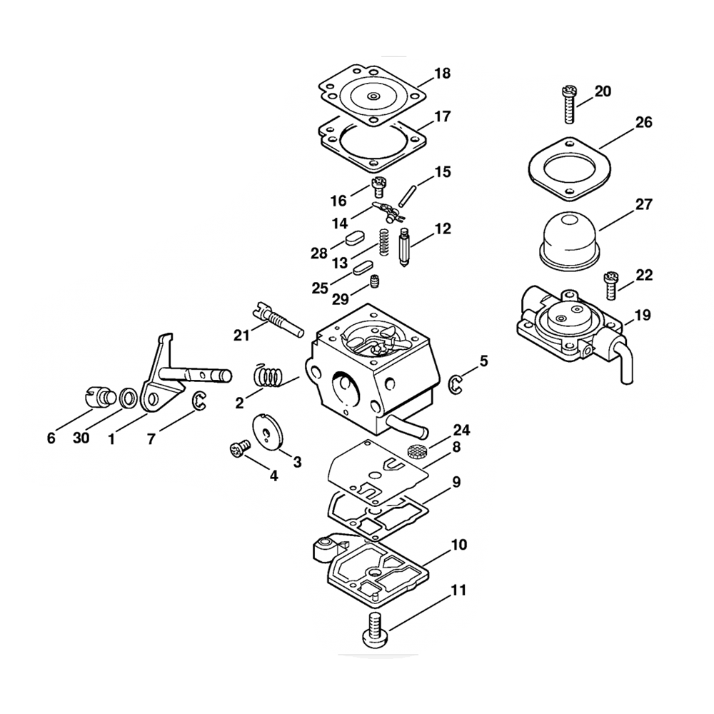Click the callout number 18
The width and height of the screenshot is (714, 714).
click(442, 74)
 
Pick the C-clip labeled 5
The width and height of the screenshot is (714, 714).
click(455, 383)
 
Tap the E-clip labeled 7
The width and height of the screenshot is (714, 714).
click(199, 403)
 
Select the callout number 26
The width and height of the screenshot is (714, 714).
click(643, 123)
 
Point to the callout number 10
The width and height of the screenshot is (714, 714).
click(459, 545)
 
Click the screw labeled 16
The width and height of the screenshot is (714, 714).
click(378, 187)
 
